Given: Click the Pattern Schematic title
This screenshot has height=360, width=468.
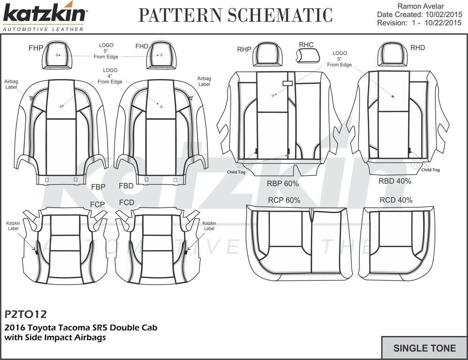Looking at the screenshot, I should click(235, 15).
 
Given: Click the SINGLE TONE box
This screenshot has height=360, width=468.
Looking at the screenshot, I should click(424, 348).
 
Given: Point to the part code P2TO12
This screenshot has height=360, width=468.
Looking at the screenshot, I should click(26, 313).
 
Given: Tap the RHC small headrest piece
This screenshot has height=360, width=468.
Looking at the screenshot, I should click(307, 56).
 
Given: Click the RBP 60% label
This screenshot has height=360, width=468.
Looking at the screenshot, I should click(282, 184).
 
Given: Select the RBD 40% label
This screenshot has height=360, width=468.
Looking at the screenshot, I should click(395, 181).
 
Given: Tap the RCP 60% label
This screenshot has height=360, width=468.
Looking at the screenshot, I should click(284, 200).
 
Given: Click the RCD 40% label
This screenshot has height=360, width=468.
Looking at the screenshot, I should click(396, 200).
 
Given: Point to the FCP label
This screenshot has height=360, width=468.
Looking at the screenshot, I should click(97, 204).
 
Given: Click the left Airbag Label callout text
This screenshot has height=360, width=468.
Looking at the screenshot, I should click(11, 84).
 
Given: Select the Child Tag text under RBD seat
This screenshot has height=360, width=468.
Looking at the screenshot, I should click(430, 170).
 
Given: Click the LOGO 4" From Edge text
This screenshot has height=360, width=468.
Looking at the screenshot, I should click(110, 76).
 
